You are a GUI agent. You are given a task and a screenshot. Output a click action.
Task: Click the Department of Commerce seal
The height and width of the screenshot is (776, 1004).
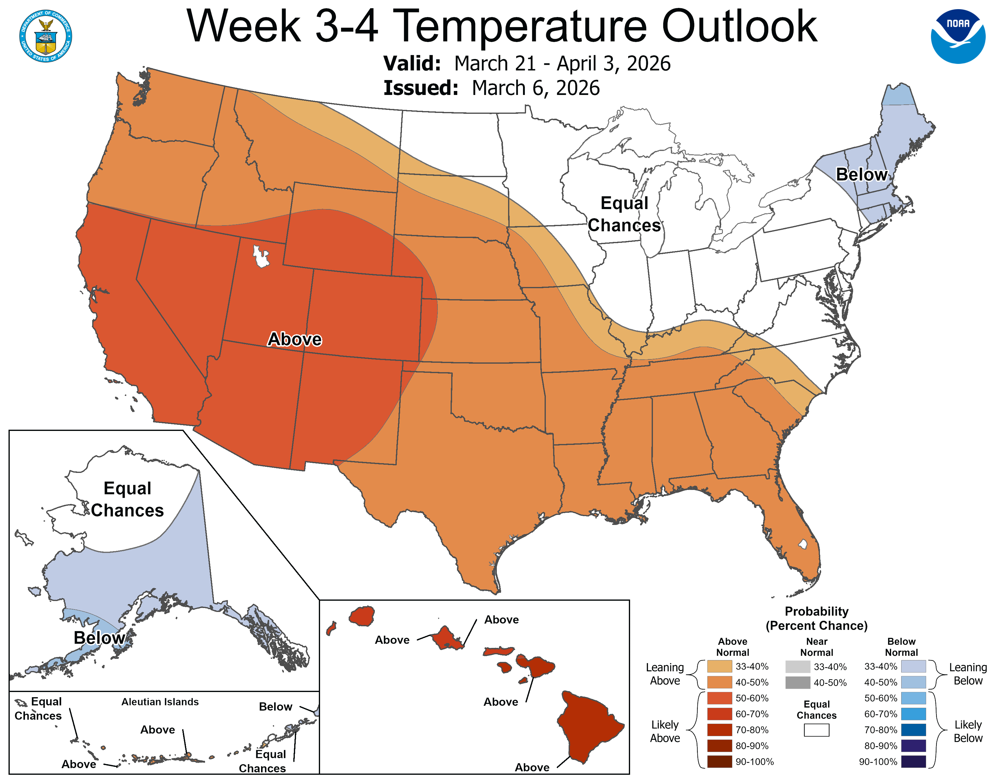(46, 36)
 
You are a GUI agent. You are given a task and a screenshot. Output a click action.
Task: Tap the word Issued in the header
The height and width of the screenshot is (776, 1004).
(421, 88)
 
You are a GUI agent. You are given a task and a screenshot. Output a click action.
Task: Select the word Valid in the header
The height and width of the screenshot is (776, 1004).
(412, 63)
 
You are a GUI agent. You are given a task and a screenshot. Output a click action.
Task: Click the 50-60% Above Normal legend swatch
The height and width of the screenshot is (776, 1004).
(720, 698)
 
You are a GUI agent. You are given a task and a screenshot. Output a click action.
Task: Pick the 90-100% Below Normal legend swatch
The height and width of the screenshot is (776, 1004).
(913, 762)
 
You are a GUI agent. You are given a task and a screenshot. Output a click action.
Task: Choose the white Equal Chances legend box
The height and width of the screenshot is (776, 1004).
(817, 730)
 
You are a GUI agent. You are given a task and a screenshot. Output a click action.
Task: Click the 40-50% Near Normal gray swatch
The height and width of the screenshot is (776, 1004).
(798, 682)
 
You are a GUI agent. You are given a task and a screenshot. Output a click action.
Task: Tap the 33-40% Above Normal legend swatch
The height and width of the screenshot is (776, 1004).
(720, 666)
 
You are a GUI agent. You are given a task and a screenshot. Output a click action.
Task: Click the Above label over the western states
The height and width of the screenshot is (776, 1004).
(295, 339)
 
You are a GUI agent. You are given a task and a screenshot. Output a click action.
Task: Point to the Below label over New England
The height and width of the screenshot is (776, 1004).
(861, 175)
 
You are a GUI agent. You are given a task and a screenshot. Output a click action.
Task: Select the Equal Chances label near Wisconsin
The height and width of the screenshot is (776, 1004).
(624, 214)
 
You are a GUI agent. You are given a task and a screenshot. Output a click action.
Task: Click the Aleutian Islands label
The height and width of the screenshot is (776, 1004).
(160, 701)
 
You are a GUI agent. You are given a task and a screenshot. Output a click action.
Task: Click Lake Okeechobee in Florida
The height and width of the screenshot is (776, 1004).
(803, 544)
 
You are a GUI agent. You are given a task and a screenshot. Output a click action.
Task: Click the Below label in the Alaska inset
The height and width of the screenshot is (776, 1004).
(99, 638)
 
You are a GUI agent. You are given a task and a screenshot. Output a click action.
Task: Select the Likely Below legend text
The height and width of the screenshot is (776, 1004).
(968, 731)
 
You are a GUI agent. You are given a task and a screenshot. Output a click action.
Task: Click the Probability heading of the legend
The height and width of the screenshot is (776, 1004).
(817, 611)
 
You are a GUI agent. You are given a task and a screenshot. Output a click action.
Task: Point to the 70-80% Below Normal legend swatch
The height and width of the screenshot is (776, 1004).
(913, 729)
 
